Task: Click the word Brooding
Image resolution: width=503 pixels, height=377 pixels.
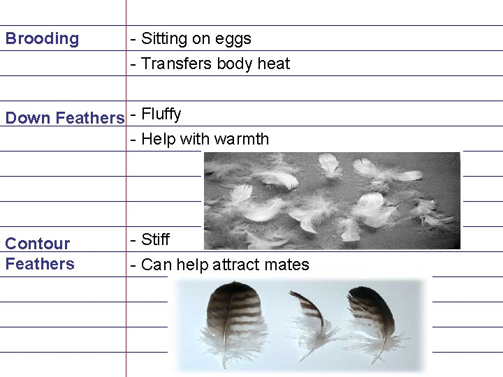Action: click(x=42, y=39)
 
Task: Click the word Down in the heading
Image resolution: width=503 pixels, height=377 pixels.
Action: click(x=28, y=118)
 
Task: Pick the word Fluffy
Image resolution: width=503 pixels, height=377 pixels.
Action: click(x=161, y=114)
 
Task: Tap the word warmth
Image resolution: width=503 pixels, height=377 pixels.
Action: click(x=241, y=139)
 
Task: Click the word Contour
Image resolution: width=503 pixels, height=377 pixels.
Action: click(x=38, y=244)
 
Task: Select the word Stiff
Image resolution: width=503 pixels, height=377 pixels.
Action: click(x=155, y=240)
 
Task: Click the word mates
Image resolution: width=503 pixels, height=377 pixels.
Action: click(x=287, y=265)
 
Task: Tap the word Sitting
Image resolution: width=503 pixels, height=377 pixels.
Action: click(x=168, y=40)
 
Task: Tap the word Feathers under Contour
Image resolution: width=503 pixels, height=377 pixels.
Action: click(x=40, y=264)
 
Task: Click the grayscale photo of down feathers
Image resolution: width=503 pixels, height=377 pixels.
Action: click(x=332, y=201)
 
